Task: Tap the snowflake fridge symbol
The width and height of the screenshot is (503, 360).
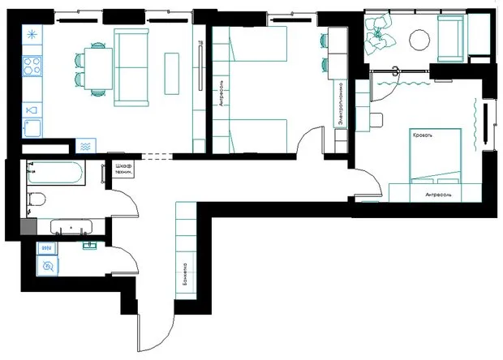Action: coord(32,35)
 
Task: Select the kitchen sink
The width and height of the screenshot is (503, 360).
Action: coord(32,127)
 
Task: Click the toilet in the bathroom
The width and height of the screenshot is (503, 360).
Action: coord(36,199)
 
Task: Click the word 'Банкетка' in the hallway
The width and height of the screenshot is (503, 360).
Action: coord(185,276)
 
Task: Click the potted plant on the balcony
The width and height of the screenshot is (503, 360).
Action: coord(378,32)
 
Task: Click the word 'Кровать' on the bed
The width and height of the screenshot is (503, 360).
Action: coord(423,135)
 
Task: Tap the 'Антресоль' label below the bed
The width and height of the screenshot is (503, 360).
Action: coord(437,195)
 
